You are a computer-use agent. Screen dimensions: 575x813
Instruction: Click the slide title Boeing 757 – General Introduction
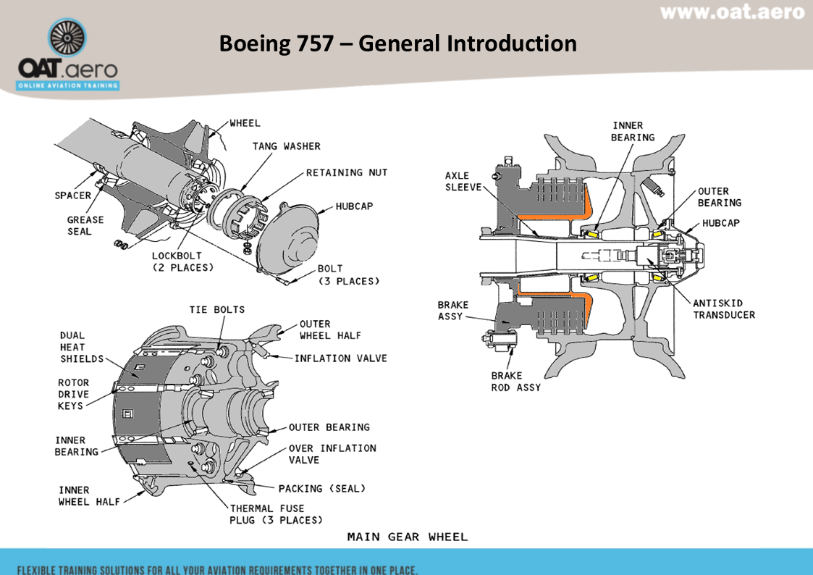(397, 43)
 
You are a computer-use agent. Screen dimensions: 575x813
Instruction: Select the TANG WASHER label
(286, 146)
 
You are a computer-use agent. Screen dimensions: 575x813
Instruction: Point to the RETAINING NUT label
(346, 172)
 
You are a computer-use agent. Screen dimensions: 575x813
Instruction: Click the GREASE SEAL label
(85, 225)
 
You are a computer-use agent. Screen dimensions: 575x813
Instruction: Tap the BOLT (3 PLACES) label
(348, 274)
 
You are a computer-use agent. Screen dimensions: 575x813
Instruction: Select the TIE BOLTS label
(217, 309)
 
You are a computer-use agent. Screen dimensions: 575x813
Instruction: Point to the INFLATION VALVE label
(340, 358)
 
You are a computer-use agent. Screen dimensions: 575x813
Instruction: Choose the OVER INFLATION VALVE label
(332, 454)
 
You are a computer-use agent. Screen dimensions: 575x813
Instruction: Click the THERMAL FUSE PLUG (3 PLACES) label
(276, 514)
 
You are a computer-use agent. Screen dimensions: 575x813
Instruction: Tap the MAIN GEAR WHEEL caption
(408, 537)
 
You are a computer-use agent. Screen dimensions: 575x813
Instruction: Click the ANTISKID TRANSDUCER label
(723, 309)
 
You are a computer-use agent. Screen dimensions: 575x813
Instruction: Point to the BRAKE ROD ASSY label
(515, 382)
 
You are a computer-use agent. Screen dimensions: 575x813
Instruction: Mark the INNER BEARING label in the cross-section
(633, 131)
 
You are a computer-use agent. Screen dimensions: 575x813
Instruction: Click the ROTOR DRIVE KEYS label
(74, 394)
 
